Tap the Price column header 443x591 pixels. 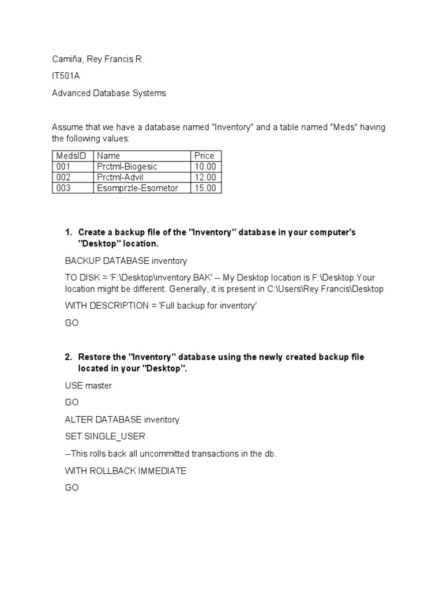pyautogui.click(x=204, y=155)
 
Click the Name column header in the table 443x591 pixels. pyautogui.click(x=108, y=155)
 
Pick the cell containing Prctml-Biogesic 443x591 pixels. pyautogui.click(x=127, y=166)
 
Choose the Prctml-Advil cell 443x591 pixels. pyautogui.click(x=120, y=177)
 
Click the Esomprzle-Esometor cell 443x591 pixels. pyautogui.click(x=138, y=188)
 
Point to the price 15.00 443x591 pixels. pyautogui.click(x=205, y=188)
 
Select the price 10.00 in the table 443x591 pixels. pyautogui.click(x=205, y=166)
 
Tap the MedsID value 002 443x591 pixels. pyautogui.click(x=63, y=177)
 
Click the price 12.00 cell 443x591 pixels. pyautogui.click(x=205, y=177)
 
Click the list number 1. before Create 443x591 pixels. pyautogui.click(x=68, y=232)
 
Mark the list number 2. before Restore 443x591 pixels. pyautogui.click(x=68, y=357)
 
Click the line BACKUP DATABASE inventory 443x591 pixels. pyautogui.click(x=126, y=261)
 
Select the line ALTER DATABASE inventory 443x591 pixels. pyautogui.click(x=122, y=420)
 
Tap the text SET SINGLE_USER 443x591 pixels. pyautogui.click(x=102, y=437)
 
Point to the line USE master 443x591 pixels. pyautogui.click(x=88, y=386)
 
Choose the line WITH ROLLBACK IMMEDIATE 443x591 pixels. pyautogui.click(x=125, y=471)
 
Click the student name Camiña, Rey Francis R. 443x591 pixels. pyautogui.click(x=97, y=59)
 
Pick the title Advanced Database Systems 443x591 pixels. pyautogui.click(x=108, y=93)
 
